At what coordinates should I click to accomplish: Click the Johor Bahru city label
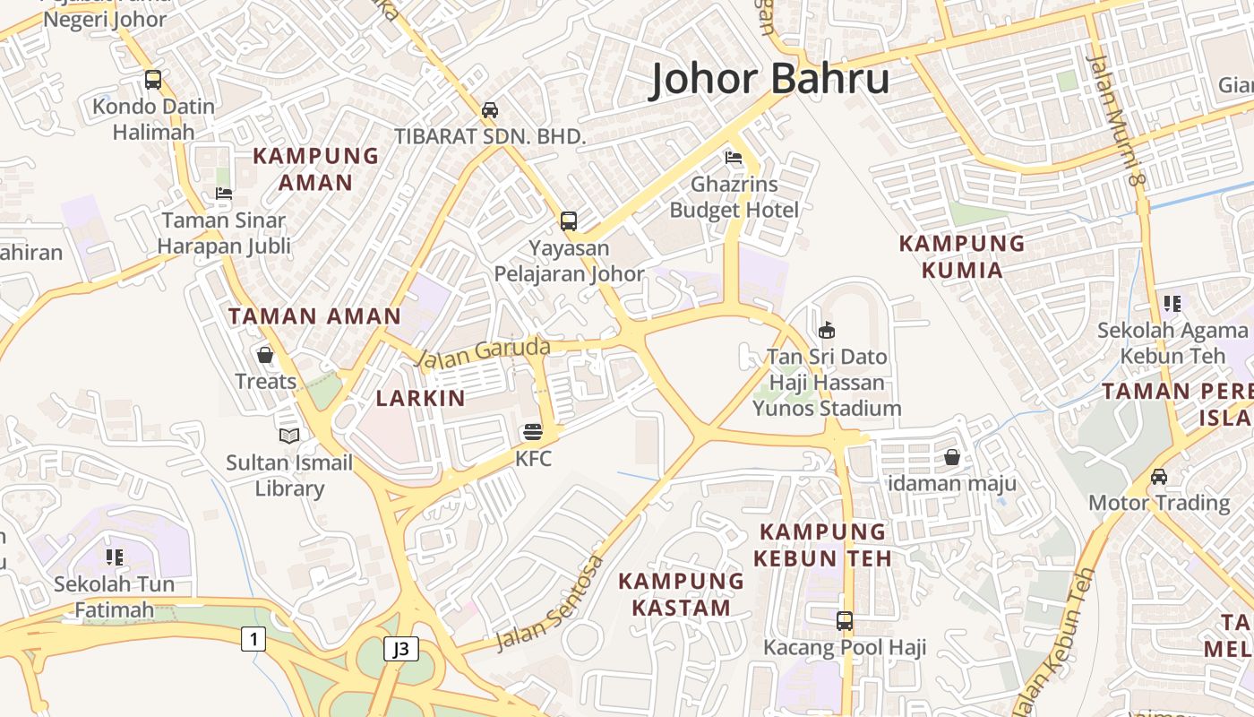769,79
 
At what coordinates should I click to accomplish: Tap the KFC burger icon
533,433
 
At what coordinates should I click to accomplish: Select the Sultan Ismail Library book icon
288,436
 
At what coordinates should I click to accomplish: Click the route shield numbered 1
253,639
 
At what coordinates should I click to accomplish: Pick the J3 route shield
401,649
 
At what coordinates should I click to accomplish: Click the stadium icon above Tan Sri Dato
826,330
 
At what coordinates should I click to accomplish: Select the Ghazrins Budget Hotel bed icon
734,159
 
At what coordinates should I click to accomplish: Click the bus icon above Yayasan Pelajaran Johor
568,220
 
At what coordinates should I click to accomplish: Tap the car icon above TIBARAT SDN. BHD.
490,110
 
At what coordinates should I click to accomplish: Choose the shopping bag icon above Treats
265,355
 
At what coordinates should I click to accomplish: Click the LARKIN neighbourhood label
420,398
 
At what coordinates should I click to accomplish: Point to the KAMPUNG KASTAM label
682,593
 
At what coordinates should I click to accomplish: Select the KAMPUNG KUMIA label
962,255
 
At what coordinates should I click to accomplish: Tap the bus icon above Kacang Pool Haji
844,620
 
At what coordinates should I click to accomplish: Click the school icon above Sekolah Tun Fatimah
114,557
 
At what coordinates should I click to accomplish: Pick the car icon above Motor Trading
1159,476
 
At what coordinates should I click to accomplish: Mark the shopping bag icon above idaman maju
951,457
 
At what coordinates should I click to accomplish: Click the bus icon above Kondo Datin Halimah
153,79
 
